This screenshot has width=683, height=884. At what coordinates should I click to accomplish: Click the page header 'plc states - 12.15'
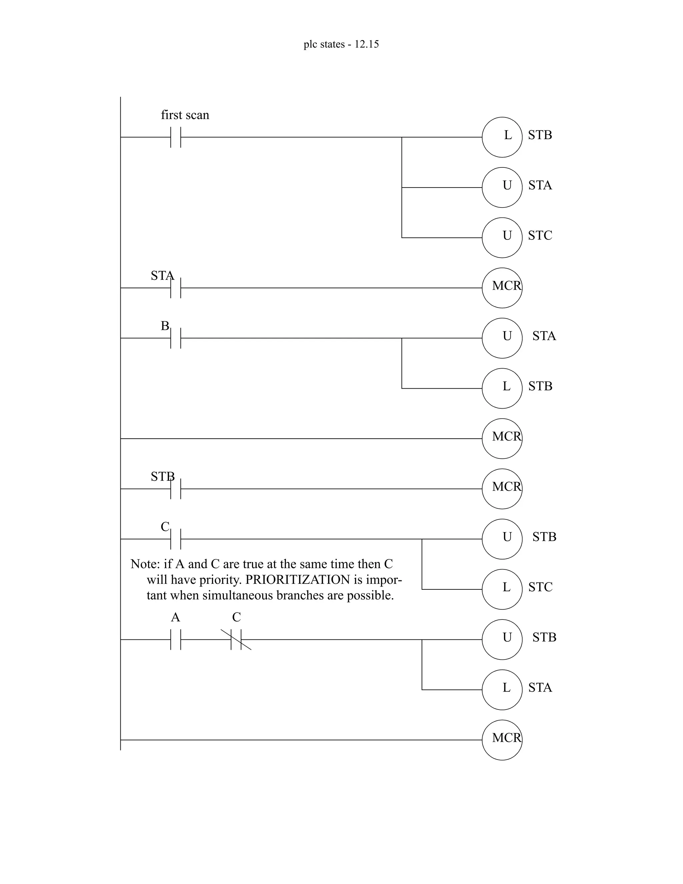click(x=341, y=44)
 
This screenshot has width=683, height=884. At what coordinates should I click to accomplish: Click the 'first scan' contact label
click(x=185, y=115)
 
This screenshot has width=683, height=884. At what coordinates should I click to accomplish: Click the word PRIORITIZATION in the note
click(x=297, y=580)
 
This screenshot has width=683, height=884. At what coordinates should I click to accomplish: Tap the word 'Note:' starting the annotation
click(x=145, y=564)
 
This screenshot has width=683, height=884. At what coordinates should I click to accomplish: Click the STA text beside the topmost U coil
click(x=540, y=185)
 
